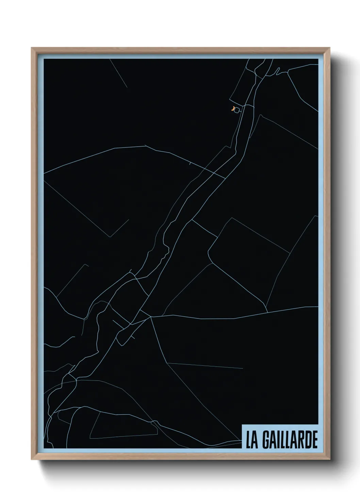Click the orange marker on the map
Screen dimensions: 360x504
[x=232, y=109]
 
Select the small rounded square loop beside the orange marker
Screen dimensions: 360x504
[x=237, y=109]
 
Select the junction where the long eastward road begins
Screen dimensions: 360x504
[x=151, y=317]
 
